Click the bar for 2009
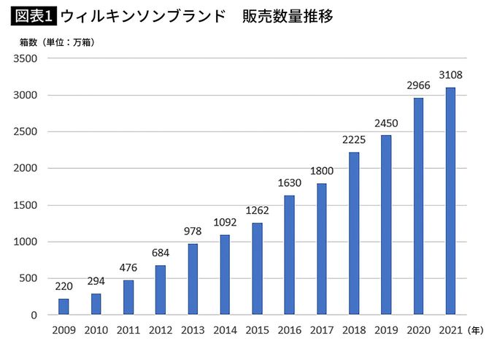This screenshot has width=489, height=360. [x=63, y=307]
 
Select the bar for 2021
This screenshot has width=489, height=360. [x=450, y=201]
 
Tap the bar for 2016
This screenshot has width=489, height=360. [x=289, y=255]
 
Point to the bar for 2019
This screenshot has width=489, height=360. [x=385, y=225]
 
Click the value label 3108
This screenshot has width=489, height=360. [x=450, y=75]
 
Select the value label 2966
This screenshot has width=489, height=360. [x=417, y=85]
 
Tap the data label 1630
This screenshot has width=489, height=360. [x=289, y=183]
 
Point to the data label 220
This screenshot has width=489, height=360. [x=63, y=286]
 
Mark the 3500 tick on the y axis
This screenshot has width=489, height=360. [x=26, y=59]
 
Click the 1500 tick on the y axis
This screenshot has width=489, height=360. [x=26, y=205]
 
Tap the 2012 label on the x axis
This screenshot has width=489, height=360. [x=161, y=331]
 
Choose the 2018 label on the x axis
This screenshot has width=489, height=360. [x=353, y=331]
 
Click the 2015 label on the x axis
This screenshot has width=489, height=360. [x=257, y=331]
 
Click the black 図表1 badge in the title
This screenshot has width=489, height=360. [x=34, y=15]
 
